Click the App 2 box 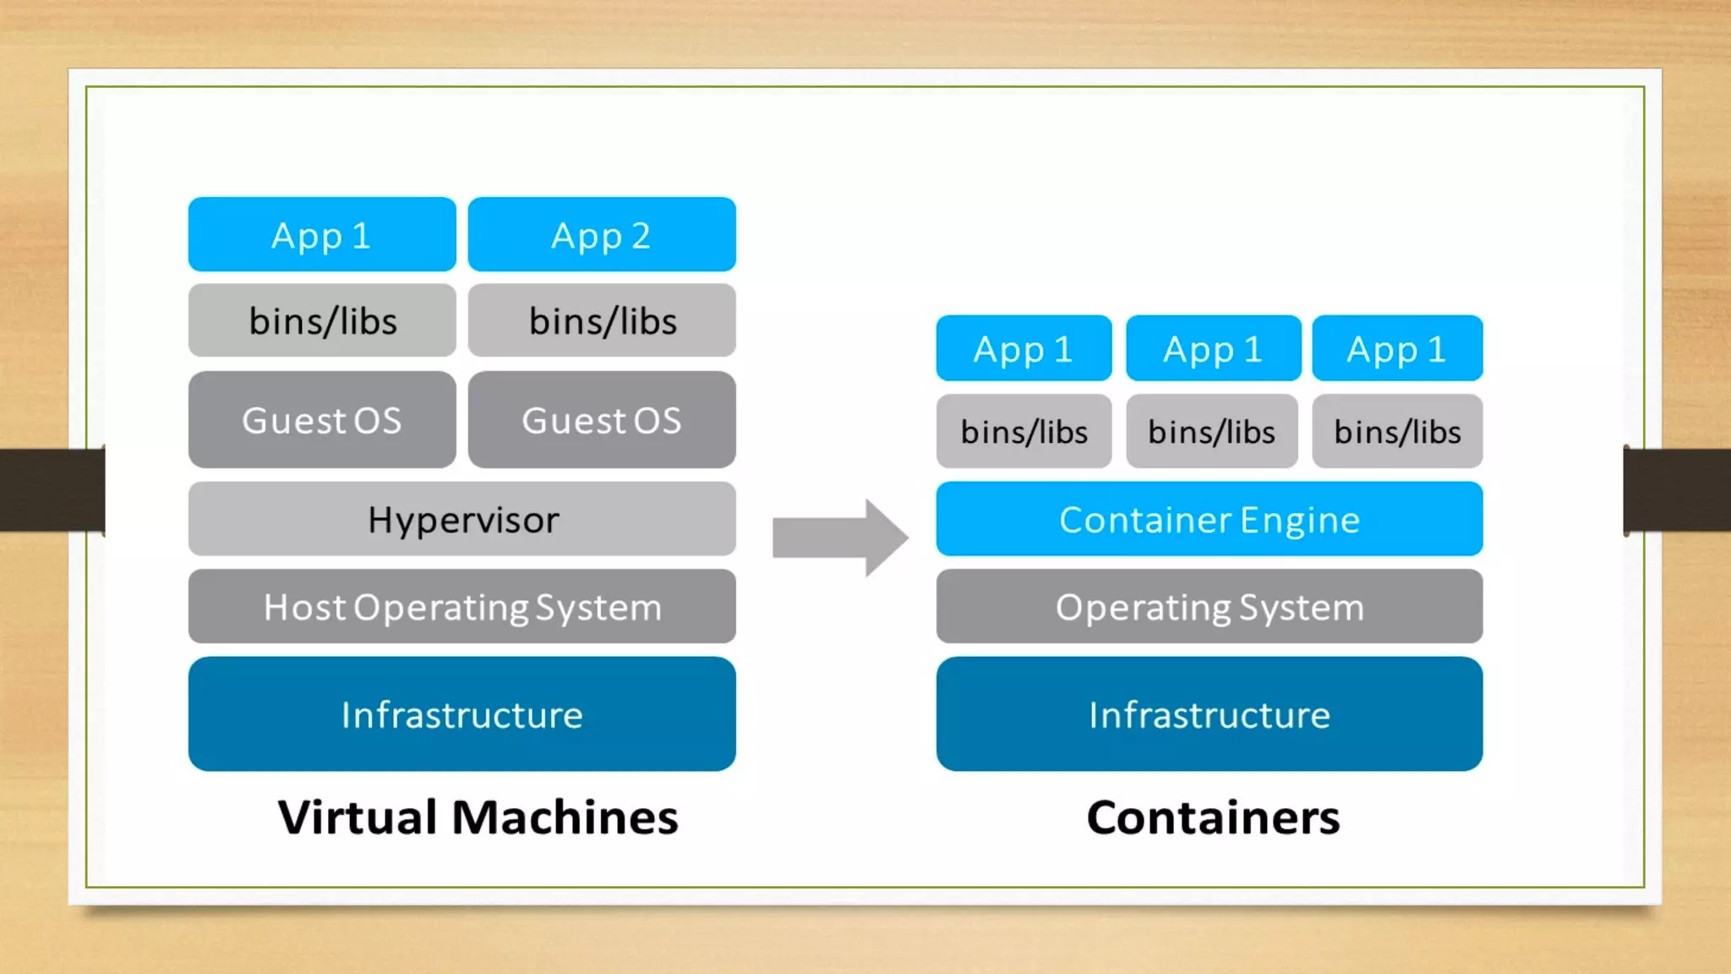tap(602, 235)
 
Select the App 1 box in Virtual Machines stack tap(322, 235)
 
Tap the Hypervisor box tap(462, 519)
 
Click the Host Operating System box tap(462, 607)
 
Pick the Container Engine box tap(1210, 519)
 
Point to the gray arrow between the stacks tap(840, 538)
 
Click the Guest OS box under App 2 tap(602, 420)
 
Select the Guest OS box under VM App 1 tap(322, 420)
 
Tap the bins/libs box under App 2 tap(602, 321)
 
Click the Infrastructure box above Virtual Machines tap(462, 714)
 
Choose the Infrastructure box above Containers tap(1210, 714)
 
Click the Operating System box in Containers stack tap(1210, 607)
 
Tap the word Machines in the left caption tap(565, 818)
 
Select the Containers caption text tap(1213, 818)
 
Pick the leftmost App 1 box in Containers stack tap(1024, 348)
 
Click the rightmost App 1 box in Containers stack tap(1397, 348)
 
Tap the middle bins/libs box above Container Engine tap(1211, 432)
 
